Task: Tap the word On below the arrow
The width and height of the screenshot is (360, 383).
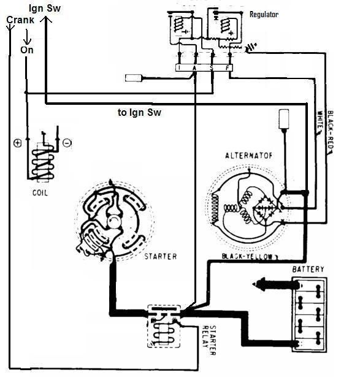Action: point(27,50)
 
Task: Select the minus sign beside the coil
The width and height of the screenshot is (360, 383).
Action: point(66,143)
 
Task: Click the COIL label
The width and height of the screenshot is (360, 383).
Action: point(42,192)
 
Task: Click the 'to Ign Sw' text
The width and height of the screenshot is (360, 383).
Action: point(139,113)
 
